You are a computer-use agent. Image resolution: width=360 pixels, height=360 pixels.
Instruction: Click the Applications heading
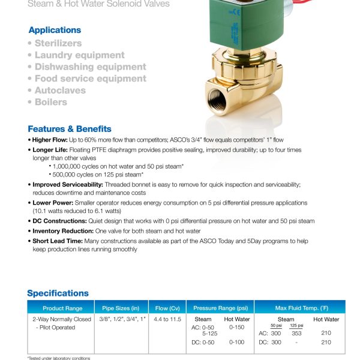[x=55, y=30]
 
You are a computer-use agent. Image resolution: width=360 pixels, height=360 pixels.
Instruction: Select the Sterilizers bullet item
[x=58, y=43]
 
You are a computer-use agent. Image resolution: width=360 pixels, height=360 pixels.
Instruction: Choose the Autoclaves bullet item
[x=60, y=91]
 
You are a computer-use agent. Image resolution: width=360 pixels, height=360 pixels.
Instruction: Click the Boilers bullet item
[x=50, y=102]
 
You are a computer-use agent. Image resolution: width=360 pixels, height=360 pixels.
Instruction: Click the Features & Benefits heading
[x=70, y=129]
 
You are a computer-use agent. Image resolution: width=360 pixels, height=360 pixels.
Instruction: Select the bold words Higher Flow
[x=52, y=139]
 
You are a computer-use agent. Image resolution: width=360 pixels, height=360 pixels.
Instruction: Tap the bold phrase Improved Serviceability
[x=68, y=185]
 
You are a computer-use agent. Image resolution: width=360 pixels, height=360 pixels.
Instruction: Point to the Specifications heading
[x=58, y=293]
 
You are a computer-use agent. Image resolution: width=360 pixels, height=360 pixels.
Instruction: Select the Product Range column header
[x=58, y=307]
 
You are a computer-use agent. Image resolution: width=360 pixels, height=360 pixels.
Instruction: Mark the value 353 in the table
[x=296, y=333]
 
